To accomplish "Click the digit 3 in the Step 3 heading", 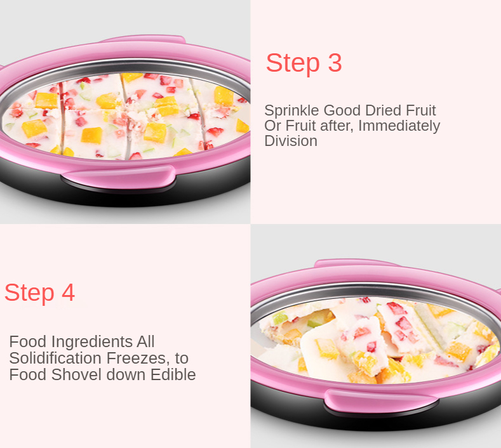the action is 335,63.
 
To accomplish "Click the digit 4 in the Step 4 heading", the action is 68,292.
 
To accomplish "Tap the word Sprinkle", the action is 291,111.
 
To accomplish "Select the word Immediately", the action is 399,126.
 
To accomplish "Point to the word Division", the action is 291,141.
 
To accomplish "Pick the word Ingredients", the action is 91,342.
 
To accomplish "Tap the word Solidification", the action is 55,358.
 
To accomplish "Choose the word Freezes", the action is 138,359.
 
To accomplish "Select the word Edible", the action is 173,374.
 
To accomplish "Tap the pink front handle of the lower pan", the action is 380,401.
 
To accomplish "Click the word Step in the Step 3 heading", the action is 293,63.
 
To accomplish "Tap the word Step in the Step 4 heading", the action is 29,293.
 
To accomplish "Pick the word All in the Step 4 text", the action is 145,341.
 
